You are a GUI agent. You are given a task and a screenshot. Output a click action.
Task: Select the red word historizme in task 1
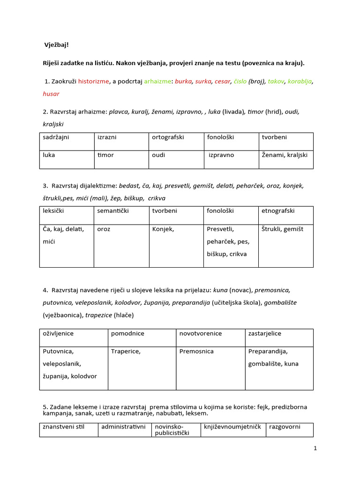point(93,82)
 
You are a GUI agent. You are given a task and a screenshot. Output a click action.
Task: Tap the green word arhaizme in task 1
point(157,82)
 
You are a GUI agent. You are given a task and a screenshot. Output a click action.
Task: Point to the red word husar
point(51,94)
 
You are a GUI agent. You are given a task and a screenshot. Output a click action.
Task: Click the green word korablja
point(300,82)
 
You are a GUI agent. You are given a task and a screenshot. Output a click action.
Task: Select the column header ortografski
point(168,137)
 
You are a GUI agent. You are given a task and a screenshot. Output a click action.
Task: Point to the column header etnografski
point(278,211)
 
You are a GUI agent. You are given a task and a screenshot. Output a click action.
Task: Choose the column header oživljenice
point(58,334)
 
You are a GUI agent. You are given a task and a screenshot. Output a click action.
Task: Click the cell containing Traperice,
point(126,351)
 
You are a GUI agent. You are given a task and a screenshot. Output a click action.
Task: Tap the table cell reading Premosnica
point(196,351)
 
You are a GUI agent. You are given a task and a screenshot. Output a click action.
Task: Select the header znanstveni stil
point(64,427)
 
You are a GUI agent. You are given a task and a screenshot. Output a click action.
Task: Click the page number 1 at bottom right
point(315,448)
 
